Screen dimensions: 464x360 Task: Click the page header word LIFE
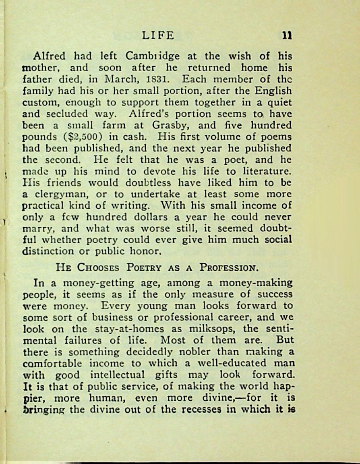158,35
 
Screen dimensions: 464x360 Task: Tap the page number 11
287,35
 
